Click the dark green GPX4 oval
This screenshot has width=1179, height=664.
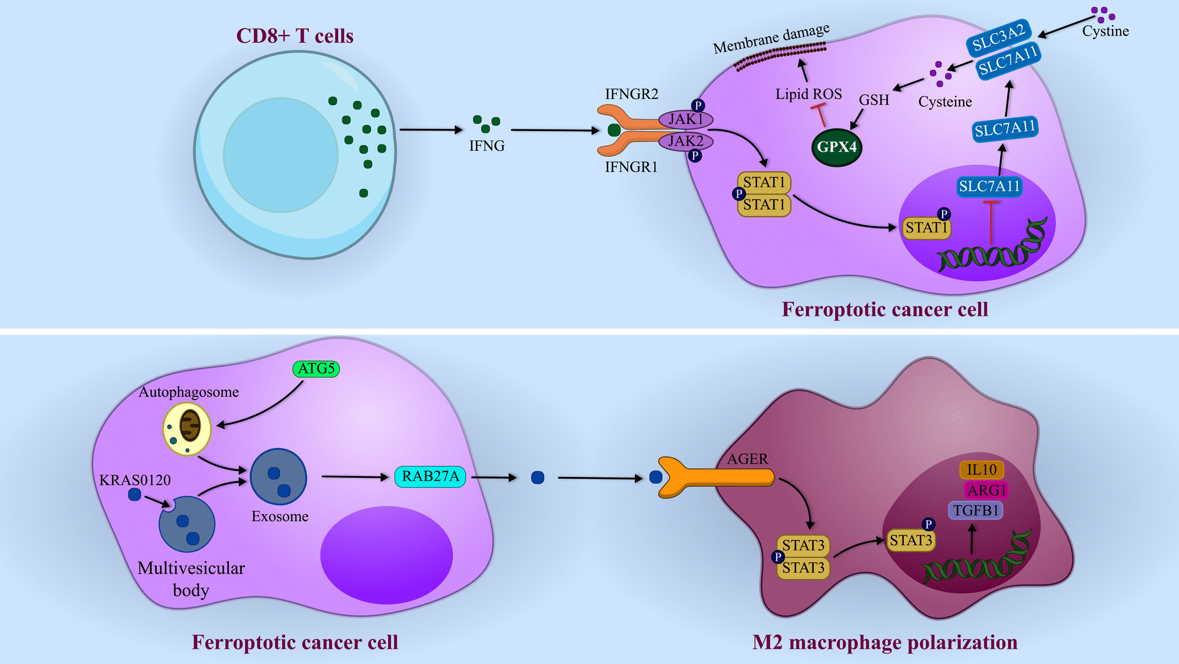tap(836, 147)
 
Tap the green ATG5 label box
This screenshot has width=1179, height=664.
tap(316, 369)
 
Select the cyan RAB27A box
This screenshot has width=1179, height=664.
tap(430, 476)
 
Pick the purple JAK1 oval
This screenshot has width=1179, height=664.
tap(686, 119)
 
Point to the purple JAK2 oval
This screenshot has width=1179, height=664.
tap(686, 141)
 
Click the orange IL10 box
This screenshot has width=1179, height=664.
tap(982, 469)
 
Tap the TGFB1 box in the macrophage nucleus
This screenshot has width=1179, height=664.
tap(976, 511)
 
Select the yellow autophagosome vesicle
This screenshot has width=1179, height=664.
tap(186, 429)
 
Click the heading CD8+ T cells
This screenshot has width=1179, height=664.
tap(294, 36)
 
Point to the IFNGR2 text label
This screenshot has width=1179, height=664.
tap(631, 94)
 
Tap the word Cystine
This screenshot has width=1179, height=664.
tap(1105, 31)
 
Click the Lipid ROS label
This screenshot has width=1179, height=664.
tap(808, 94)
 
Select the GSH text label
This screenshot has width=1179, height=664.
tap(874, 100)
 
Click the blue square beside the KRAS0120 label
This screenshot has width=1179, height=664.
tap(134, 495)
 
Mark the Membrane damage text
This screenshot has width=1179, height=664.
tap(771, 38)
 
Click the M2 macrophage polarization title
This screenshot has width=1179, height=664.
tap(885, 642)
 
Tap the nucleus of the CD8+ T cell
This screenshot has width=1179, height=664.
tap(280, 154)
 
